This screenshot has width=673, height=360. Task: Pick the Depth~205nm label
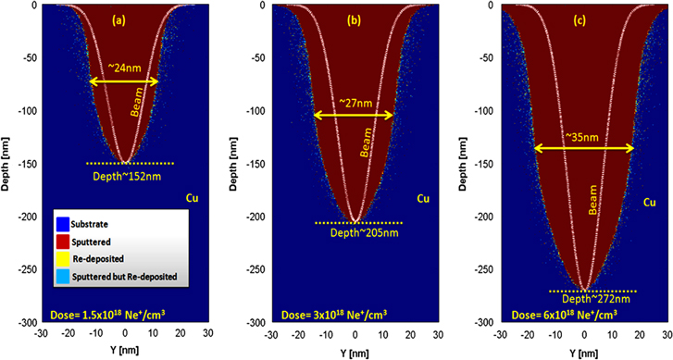pyautogui.click(x=356, y=232)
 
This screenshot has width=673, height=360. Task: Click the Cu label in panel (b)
pyautogui.click(x=423, y=198)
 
